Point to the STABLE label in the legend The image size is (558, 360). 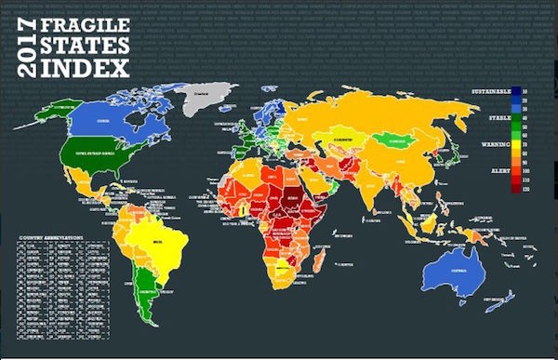click(497, 115)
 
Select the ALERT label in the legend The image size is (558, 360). click(498, 171)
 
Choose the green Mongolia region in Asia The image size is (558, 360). click(396, 140)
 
